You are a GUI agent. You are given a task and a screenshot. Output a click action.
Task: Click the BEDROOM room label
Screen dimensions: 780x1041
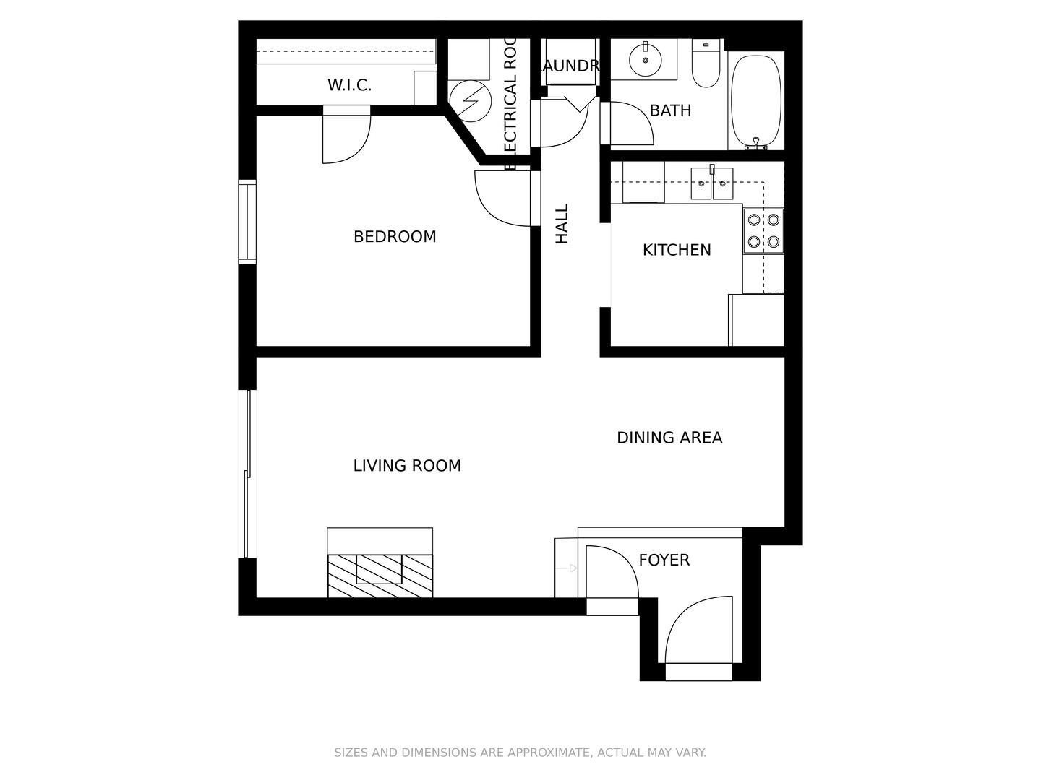pyautogui.click(x=395, y=237)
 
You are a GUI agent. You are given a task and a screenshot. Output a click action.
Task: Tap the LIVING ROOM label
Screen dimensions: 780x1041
pyautogui.click(x=407, y=466)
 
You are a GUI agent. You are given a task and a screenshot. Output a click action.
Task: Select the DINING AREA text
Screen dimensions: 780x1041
pyautogui.click(x=669, y=438)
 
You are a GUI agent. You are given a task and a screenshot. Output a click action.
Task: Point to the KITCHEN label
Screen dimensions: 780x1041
pyautogui.click(x=677, y=250)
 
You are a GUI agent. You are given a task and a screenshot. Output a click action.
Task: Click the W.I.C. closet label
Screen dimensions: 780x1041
pyautogui.click(x=349, y=85)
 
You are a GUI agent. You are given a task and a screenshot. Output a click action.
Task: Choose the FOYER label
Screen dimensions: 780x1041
pyautogui.click(x=664, y=560)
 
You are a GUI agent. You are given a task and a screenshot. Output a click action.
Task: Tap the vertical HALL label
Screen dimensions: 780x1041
pyautogui.click(x=562, y=223)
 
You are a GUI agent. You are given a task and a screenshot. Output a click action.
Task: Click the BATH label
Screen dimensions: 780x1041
pyautogui.click(x=670, y=110)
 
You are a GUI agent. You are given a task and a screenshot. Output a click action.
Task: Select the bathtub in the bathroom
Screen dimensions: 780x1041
pyautogui.click(x=756, y=100)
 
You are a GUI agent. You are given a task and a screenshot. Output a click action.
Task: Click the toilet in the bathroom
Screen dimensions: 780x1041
pyautogui.click(x=706, y=65)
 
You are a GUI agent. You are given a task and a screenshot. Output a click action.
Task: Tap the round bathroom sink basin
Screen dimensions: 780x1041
pyautogui.click(x=644, y=59)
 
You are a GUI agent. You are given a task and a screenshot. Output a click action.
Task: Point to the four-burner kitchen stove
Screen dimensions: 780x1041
pyautogui.click(x=763, y=230)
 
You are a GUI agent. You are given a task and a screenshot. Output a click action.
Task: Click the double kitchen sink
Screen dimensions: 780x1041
pyautogui.click(x=712, y=183)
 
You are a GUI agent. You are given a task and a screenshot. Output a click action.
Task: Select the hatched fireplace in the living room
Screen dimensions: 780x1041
pyautogui.click(x=380, y=575)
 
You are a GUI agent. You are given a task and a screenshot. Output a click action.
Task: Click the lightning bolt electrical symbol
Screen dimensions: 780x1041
pyautogui.click(x=467, y=100)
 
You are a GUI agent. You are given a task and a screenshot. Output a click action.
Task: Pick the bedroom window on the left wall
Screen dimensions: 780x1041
pyautogui.click(x=247, y=221)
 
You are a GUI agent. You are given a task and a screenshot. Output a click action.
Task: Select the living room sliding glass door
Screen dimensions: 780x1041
pyautogui.click(x=247, y=474)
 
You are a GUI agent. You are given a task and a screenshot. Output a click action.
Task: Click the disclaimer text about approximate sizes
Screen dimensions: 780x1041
pyautogui.click(x=520, y=753)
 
